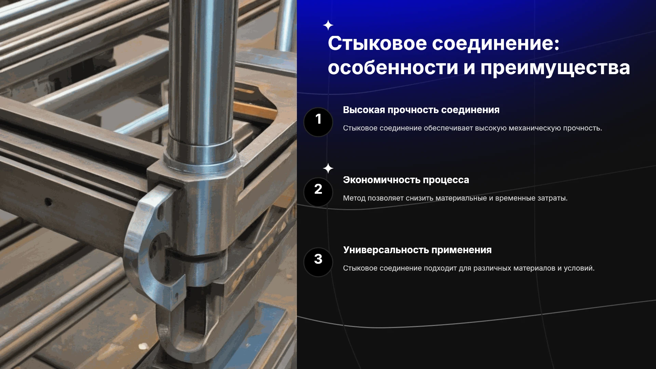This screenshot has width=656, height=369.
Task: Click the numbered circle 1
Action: pos(318,122)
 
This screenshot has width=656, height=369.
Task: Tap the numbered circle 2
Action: pos(318,192)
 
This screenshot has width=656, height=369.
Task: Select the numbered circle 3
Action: pos(318,262)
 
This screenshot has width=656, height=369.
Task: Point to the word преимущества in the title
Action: pos(555,68)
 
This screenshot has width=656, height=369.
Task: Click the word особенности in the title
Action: pos(393,67)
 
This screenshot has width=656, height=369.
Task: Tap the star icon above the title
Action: pos(328,25)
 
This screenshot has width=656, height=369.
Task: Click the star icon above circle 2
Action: pos(328,168)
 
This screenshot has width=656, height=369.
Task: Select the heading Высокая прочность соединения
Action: pos(421,110)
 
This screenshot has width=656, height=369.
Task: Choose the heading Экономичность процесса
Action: pos(406,180)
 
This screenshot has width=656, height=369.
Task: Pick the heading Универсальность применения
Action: pos(417,250)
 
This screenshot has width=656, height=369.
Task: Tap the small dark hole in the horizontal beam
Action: pos(48,202)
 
